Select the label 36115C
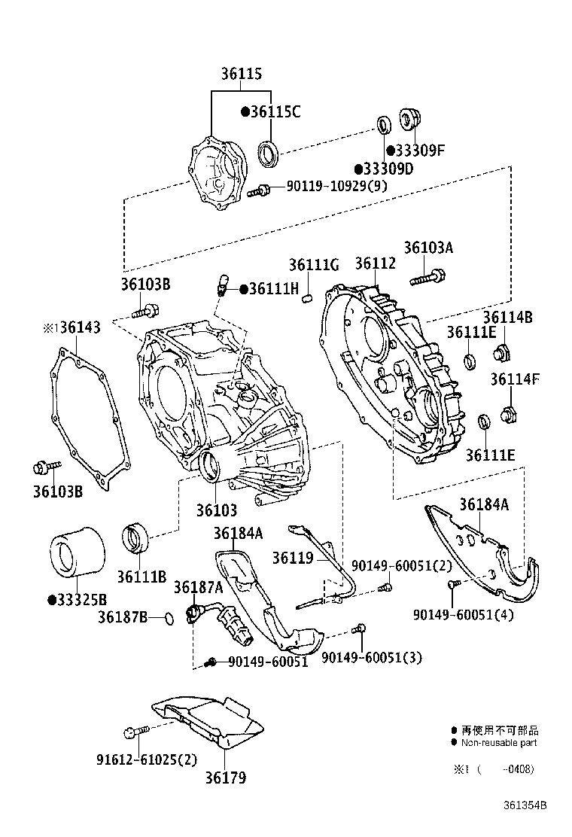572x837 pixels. (275, 112)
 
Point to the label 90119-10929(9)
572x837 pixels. (336, 186)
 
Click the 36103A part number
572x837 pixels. (428, 248)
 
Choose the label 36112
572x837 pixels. (375, 263)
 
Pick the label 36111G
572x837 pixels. (314, 264)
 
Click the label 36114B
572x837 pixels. (507, 318)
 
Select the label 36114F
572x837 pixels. (515, 379)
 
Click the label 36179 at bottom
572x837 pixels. (226, 778)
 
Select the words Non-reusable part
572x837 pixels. (499, 742)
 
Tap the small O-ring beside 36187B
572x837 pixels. (169, 618)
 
